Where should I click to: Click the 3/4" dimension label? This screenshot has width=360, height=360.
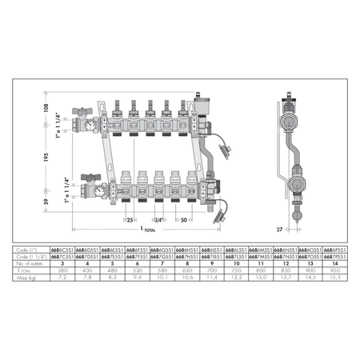(x=159, y=218)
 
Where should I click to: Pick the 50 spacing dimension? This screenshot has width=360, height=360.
(x=184, y=218)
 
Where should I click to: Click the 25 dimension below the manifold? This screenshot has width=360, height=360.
(x=130, y=218)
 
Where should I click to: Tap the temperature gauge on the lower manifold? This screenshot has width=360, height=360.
(x=98, y=190)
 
